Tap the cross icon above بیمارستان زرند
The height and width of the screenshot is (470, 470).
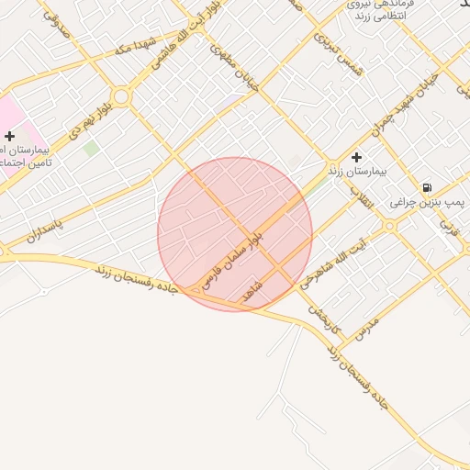pyautogui.click(x=357, y=157)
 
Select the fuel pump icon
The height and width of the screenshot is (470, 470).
pyautogui.click(x=427, y=188)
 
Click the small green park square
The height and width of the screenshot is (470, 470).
pyautogui.click(x=91, y=147)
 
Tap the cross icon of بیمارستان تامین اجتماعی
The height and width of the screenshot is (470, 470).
pyautogui.click(x=10, y=136)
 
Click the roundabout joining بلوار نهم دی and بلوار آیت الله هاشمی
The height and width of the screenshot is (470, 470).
pyautogui.click(x=121, y=96)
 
